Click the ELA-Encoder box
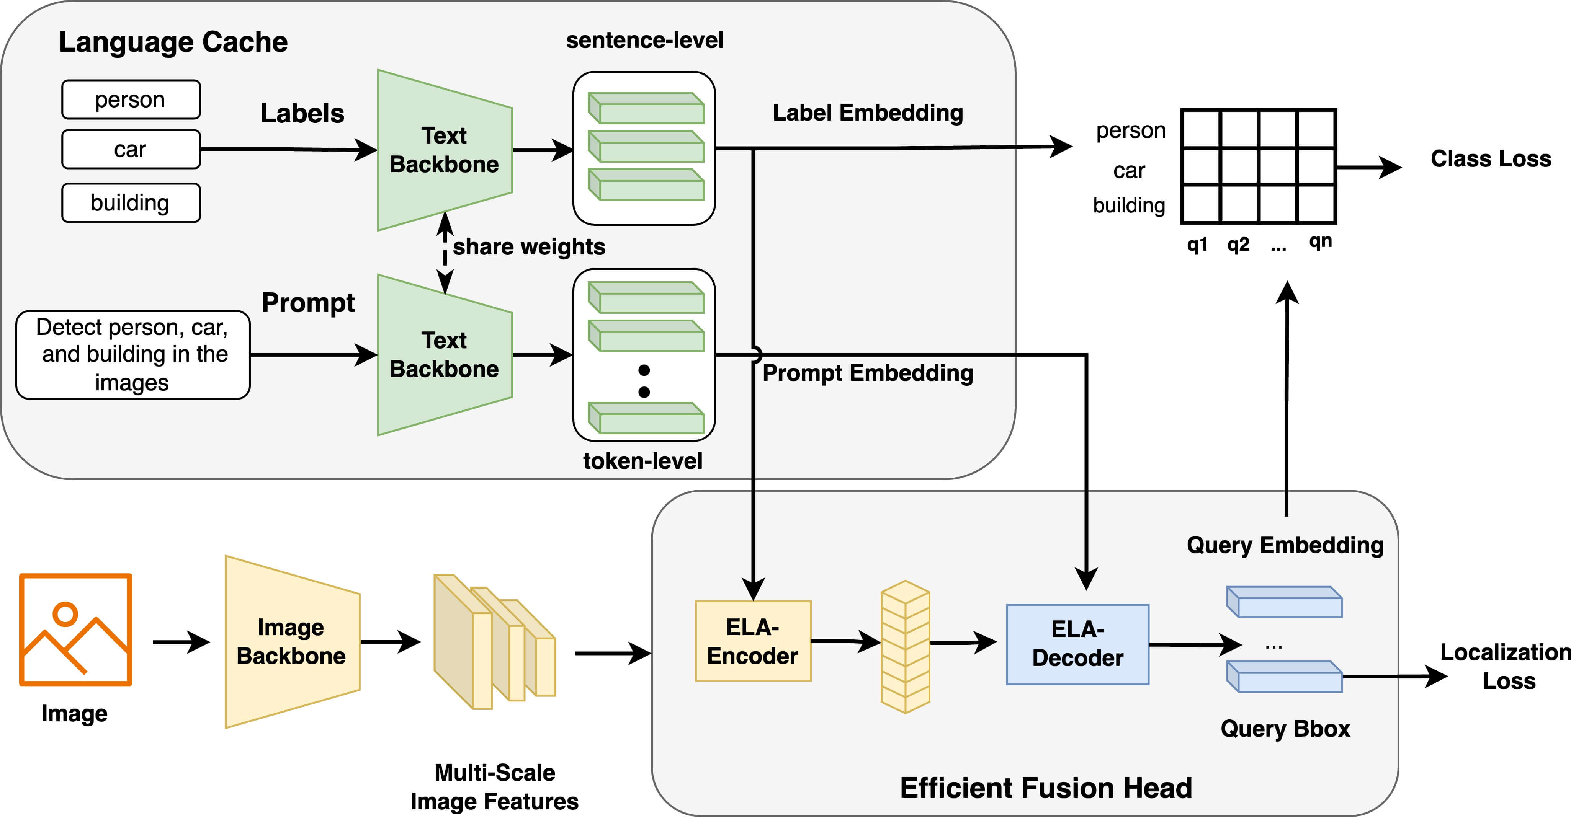[752, 641]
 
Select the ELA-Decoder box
[1077, 644]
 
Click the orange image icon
[75, 629]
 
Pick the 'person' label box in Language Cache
[131, 99]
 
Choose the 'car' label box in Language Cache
[131, 149]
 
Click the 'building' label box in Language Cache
[131, 203]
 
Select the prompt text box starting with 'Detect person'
[132, 355]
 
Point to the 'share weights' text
[529, 247]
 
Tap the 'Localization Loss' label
[1506, 667]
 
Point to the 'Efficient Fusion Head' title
[1046, 788]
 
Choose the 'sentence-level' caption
[645, 40]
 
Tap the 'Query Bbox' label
[1285, 729]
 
